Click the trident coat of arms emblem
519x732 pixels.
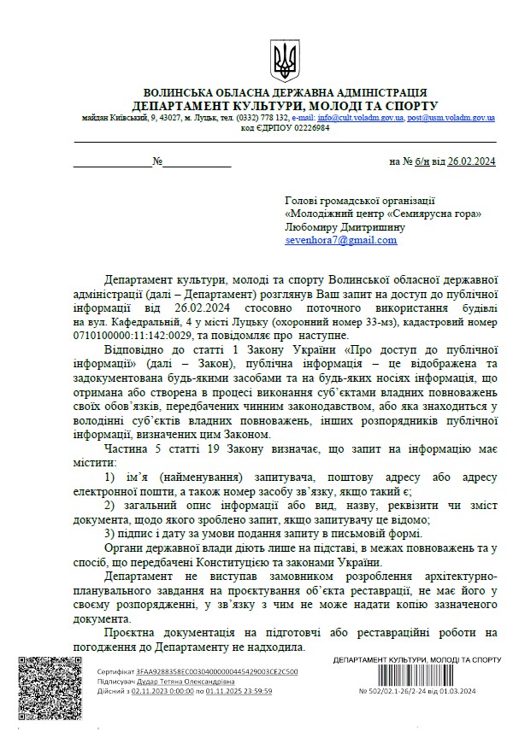click(283, 61)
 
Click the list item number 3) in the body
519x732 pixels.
click(109, 531)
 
